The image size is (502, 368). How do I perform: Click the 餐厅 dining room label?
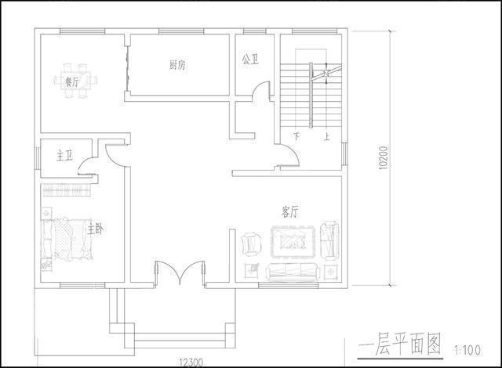pyautogui.click(x=72, y=81)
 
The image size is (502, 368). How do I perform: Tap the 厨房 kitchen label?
pyautogui.click(x=177, y=65)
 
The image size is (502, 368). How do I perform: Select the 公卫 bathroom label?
pyautogui.click(x=251, y=59)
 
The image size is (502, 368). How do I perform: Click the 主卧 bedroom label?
pyautogui.click(x=96, y=229)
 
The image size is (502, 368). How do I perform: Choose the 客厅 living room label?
pyautogui.click(x=289, y=211)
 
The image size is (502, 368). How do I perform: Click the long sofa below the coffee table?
pyautogui.click(x=292, y=272)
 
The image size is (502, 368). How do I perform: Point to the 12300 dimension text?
pyautogui.click(x=191, y=361)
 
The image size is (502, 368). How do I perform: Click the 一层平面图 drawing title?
pyautogui.click(x=399, y=344)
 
